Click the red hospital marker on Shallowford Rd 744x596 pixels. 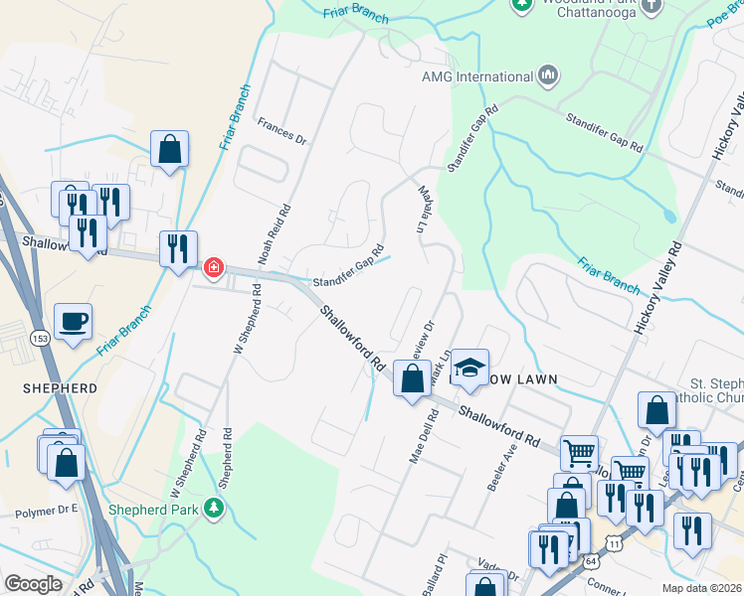point(213,268)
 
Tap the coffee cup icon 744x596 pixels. point(74,322)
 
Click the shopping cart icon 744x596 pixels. point(579,453)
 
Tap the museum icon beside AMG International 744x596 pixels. point(548,75)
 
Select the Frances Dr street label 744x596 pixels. point(281,130)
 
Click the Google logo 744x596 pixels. point(33,584)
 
